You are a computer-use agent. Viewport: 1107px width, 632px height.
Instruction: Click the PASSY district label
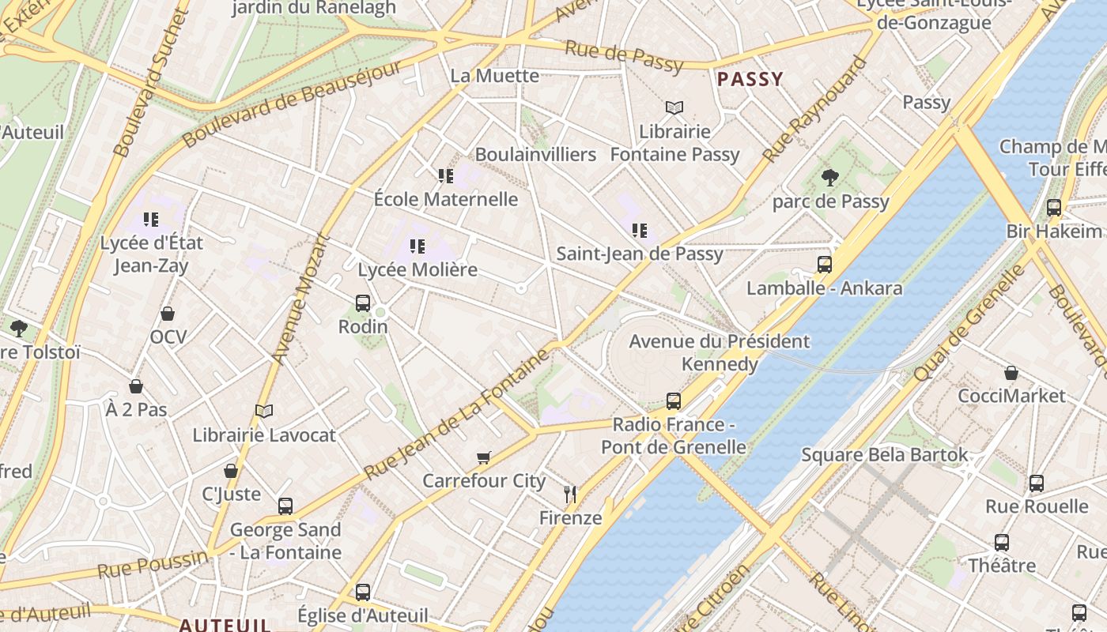pyautogui.click(x=750, y=79)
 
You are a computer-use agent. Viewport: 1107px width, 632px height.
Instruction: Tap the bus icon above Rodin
pyautogui.click(x=363, y=303)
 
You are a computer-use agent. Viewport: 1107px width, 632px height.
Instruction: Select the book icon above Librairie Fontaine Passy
pyautogui.click(x=674, y=108)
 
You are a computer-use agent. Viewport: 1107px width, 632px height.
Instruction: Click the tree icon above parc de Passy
pyautogui.click(x=829, y=178)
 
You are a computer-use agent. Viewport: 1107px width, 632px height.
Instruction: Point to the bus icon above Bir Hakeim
pyautogui.click(x=1054, y=208)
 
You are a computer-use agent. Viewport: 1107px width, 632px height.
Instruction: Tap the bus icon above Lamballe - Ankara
pyautogui.click(x=825, y=265)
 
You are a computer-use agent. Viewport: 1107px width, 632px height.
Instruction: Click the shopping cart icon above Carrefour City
pyautogui.click(x=484, y=458)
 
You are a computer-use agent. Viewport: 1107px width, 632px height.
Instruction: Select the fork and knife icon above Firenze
pyautogui.click(x=570, y=495)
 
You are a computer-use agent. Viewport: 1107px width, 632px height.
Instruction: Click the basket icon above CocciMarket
pyautogui.click(x=1011, y=373)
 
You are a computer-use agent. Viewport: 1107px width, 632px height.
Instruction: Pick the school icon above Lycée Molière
pyautogui.click(x=417, y=246)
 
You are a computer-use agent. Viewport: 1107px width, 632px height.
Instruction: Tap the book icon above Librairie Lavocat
pyautogui.click(x=264, y=412)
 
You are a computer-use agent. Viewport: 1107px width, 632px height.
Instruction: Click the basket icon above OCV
pyautogui.click(x=168, y=314)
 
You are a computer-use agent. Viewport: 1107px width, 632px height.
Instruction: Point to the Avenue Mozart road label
pyautogui.click(x=300, y=299)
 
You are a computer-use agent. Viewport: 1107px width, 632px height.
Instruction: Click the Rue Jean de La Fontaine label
pyautogui.click(x=456, y=415)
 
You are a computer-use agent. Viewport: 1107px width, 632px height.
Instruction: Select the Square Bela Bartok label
pyautogui.click(x=884, y=455)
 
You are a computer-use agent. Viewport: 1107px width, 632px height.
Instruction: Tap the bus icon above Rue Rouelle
pyautogui.click(x=1037, y=483)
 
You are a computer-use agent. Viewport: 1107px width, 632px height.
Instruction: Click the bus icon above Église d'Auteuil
pyautogui.click(x=363, y=592)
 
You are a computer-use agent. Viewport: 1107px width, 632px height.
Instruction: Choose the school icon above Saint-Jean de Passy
pyautogui.click(x=639, y=231)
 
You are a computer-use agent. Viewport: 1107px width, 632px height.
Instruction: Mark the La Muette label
pyautogui.click(x=494, y=76)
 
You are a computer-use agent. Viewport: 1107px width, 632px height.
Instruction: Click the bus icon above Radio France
pyautogui.click(x=673, y=401)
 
